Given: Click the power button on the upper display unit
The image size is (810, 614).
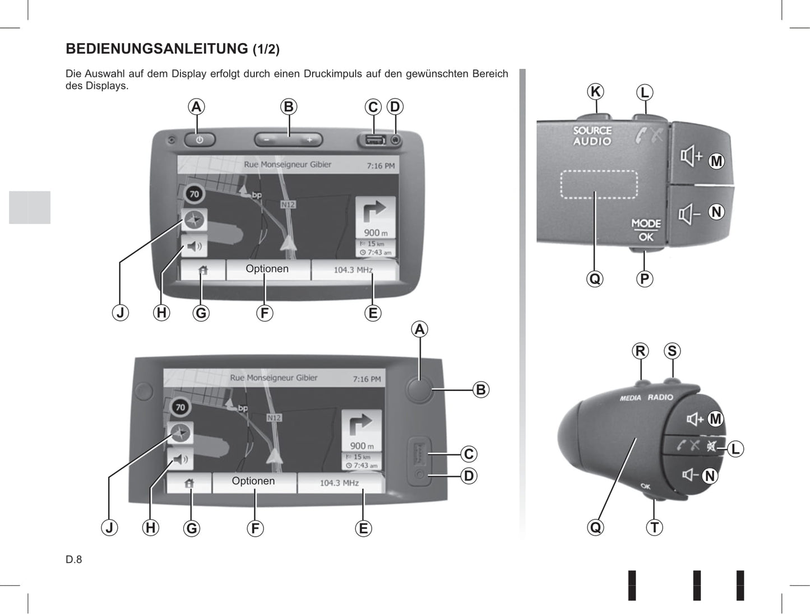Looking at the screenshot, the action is [200, 140].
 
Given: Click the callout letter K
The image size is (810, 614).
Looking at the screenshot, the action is [595, 91].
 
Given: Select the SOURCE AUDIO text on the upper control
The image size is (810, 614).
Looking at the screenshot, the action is [593, 136].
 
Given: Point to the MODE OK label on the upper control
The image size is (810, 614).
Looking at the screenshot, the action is [646, 230].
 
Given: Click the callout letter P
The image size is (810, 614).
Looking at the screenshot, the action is [645, 279].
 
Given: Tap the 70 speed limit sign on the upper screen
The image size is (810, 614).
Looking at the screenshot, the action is [194, 194].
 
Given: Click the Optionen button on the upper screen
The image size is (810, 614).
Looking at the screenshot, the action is [267, 269].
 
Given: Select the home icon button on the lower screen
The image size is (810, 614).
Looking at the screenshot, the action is [189, 483].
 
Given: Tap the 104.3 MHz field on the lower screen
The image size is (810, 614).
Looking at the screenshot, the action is [340, 483].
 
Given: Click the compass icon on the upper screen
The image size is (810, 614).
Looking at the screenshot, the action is [194, 220].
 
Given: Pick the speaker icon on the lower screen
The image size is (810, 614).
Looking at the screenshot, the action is [180, 459].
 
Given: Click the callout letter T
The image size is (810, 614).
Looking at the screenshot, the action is [654, 527].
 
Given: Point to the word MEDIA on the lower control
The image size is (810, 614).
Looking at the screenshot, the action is [630, 398].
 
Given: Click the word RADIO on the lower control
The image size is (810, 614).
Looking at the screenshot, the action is [660, 397].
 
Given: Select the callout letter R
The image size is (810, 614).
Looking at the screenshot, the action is [640, 351].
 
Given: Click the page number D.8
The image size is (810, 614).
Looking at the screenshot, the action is [74, 560].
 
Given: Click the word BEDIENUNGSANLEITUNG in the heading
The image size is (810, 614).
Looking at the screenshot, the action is [157, 49].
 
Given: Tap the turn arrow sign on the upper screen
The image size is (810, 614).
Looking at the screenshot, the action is [376, 217].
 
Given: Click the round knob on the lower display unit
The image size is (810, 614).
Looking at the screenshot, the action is [420, 390].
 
